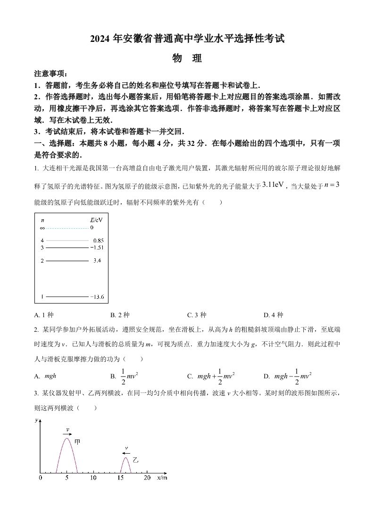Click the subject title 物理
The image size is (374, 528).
point(187,58)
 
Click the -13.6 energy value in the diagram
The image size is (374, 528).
point(98,297)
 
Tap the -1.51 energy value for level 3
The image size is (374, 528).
point(98,248)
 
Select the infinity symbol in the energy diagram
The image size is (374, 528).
point(42,228)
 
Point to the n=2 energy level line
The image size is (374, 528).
point(66,260)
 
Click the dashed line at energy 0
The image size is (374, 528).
point(66,228)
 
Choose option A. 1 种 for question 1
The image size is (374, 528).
point(47,315)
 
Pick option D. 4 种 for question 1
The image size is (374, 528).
point(273,315)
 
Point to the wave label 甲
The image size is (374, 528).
point(78,442)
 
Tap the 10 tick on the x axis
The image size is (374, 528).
point(93,478)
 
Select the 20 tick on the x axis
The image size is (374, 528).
point(147,478)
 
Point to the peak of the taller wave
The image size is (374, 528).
point(67,438)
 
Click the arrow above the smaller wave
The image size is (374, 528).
point(126,454)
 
